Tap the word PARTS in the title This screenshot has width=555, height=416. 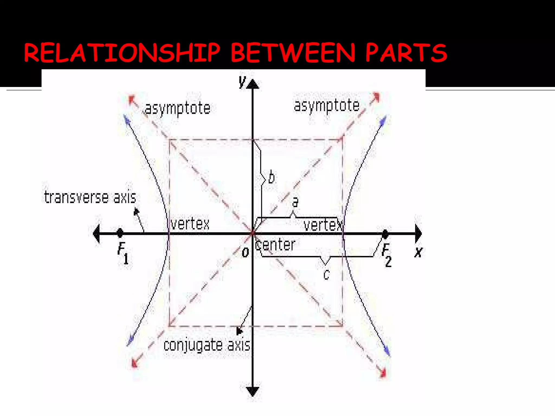[x=406, y=53]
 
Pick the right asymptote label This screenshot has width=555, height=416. [x=327, y=106]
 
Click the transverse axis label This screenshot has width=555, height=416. [x=90, y=197]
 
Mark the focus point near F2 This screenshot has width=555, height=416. [x=385, y=233]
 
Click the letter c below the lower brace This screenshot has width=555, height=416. [x=326, y=275]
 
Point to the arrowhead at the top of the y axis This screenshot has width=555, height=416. [x=253, y=84]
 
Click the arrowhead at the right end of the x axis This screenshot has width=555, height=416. [x=418, y=233]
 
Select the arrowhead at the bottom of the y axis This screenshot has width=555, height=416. [x=253, y=391]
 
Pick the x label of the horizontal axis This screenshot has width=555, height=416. [x=418, y=252]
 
